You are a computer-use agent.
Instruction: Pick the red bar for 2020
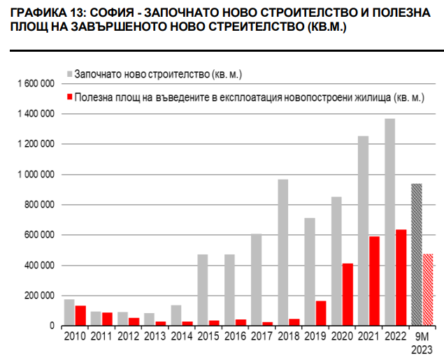coord(348,294)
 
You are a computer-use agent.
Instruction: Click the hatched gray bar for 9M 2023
coord(416,254)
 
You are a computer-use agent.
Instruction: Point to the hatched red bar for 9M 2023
coord(428,289)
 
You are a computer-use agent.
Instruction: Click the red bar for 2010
coord(80,315)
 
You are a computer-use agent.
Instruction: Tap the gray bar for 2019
coord(309,272)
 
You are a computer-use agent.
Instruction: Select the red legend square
coord(69,97)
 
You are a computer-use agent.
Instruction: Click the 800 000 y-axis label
coord(39,205)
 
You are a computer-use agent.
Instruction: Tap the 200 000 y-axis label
coord(39,296)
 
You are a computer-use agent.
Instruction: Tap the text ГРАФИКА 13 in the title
coord(43,12)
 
